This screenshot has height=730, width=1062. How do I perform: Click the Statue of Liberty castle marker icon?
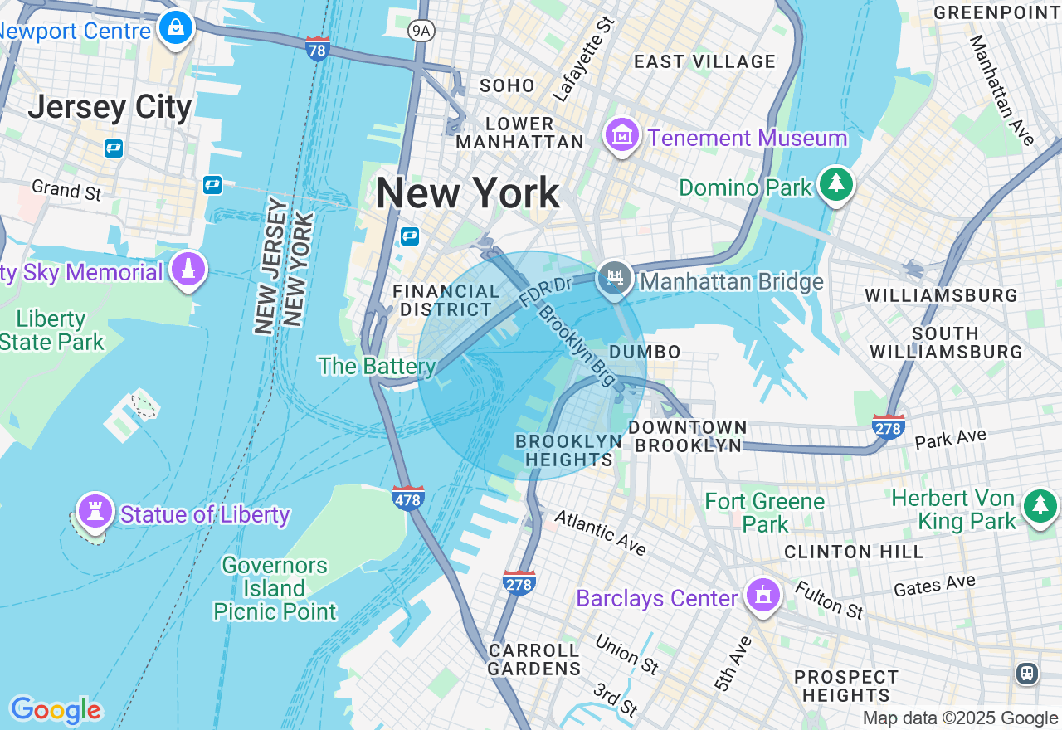point(95,510)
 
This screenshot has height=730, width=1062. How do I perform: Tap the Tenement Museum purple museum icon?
point(622,135)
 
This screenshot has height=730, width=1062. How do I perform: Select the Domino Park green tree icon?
point(835,183)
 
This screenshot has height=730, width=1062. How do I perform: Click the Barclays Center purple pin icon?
point(761,595)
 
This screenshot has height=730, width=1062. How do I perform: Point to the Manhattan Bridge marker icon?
point(615,278)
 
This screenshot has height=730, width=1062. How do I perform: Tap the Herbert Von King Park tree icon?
point(1040,505)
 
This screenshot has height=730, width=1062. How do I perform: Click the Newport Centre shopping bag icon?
point(176,27)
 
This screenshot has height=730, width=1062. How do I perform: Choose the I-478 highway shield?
point(408,498)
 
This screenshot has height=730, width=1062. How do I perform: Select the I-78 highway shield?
point(317,48)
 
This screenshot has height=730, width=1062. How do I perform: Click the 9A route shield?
point(421,31)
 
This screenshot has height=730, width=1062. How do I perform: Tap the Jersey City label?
point(110,108)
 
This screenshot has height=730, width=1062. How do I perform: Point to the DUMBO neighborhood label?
point(645,352)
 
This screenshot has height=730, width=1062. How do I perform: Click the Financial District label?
point(446,300)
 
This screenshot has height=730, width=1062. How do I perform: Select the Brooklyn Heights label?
point(568,450)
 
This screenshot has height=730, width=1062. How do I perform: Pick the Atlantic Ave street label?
point(599,532)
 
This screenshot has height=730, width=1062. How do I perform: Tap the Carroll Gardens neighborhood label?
point(534,659)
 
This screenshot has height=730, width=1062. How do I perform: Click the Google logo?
point(56,710)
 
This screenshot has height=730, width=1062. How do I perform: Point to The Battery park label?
point(378,366)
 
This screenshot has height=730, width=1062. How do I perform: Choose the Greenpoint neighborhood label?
point(996,12)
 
